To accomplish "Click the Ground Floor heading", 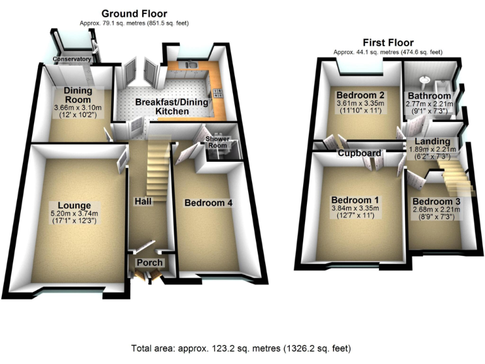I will coord(135,13).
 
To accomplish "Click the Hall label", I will coord(141,201).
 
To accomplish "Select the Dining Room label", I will coord(78,95).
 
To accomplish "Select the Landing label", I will coord(433,141).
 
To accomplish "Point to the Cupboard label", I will coord(359,153).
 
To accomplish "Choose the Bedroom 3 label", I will coord(436,201).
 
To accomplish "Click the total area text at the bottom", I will coord(241,348).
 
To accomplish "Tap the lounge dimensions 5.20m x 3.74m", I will coord(75,214).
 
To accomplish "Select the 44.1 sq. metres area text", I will coord(388,52).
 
